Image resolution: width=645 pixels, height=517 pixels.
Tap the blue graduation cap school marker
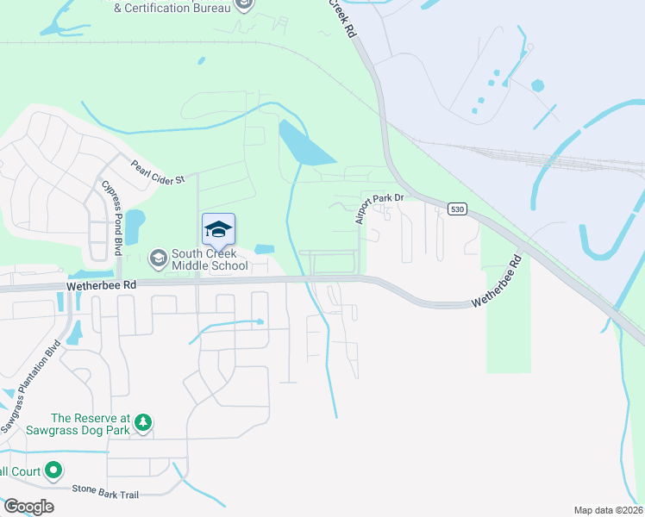[x=218, y=229]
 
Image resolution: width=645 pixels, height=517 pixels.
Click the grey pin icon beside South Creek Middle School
[x=158, y=257]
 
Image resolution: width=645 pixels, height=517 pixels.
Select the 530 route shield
[x=457, y=209]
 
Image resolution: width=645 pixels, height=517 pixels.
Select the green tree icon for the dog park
[x=143, y=422]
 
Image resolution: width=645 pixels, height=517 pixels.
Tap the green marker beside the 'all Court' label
[x=53, y=470]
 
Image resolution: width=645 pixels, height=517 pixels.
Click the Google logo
[x=28, y=507]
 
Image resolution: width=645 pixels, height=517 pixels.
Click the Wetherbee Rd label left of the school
[x=102, y=283]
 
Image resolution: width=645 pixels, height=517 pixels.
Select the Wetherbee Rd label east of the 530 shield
[x=498, y=281]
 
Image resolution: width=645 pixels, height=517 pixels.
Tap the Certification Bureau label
[x=172, y=8]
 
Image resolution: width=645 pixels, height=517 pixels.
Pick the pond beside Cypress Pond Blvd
[x=135, y=226]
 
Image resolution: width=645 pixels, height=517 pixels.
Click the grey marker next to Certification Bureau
[x=244, y=5]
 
